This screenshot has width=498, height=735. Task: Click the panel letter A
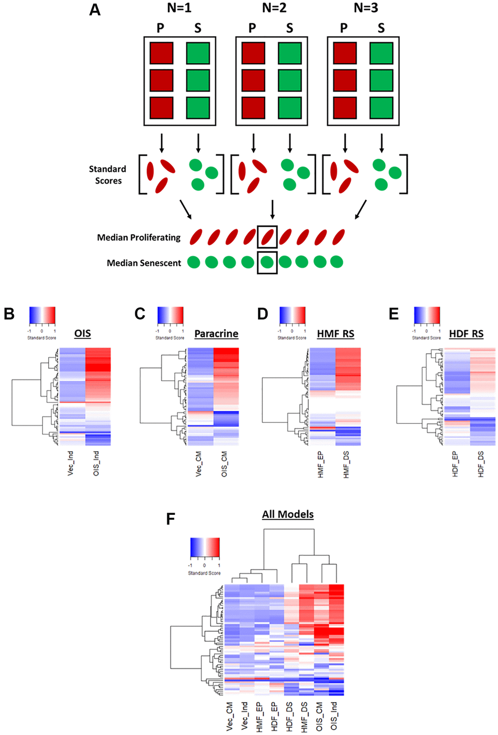click(x=95, y=10)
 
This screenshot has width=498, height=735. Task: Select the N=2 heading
click(x=274, y=8)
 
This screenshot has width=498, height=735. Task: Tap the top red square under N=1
click(x=161, y=53)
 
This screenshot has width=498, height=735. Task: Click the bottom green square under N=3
click(x=381, y=108)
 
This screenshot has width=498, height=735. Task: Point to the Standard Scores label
click(x=107, y=175)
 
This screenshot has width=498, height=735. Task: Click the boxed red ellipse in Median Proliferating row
click(x=267, y=237)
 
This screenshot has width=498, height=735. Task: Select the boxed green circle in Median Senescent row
click(x=267, y=262)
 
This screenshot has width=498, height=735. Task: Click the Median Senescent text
click(x=144, y=263)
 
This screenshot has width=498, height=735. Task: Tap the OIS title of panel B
click(x=83, y=333)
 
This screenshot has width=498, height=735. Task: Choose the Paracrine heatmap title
click(x=216, y=334)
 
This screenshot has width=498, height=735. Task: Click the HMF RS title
click(x=335, y=334)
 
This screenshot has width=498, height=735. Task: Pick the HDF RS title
click(x=466, y=334)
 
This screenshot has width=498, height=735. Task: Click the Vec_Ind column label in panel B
click(x=71, y=463)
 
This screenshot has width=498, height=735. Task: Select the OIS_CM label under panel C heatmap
click(x=224, y=464)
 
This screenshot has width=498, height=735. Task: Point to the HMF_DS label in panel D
click(x=346, y=465)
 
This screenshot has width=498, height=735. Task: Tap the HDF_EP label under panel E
click(x=455, y=464)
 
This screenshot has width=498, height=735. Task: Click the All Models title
click(x=288, y=514)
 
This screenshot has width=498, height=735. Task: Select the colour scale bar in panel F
click(x=205, y=548)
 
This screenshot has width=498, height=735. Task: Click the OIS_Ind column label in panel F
click(x=334, y=716)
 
